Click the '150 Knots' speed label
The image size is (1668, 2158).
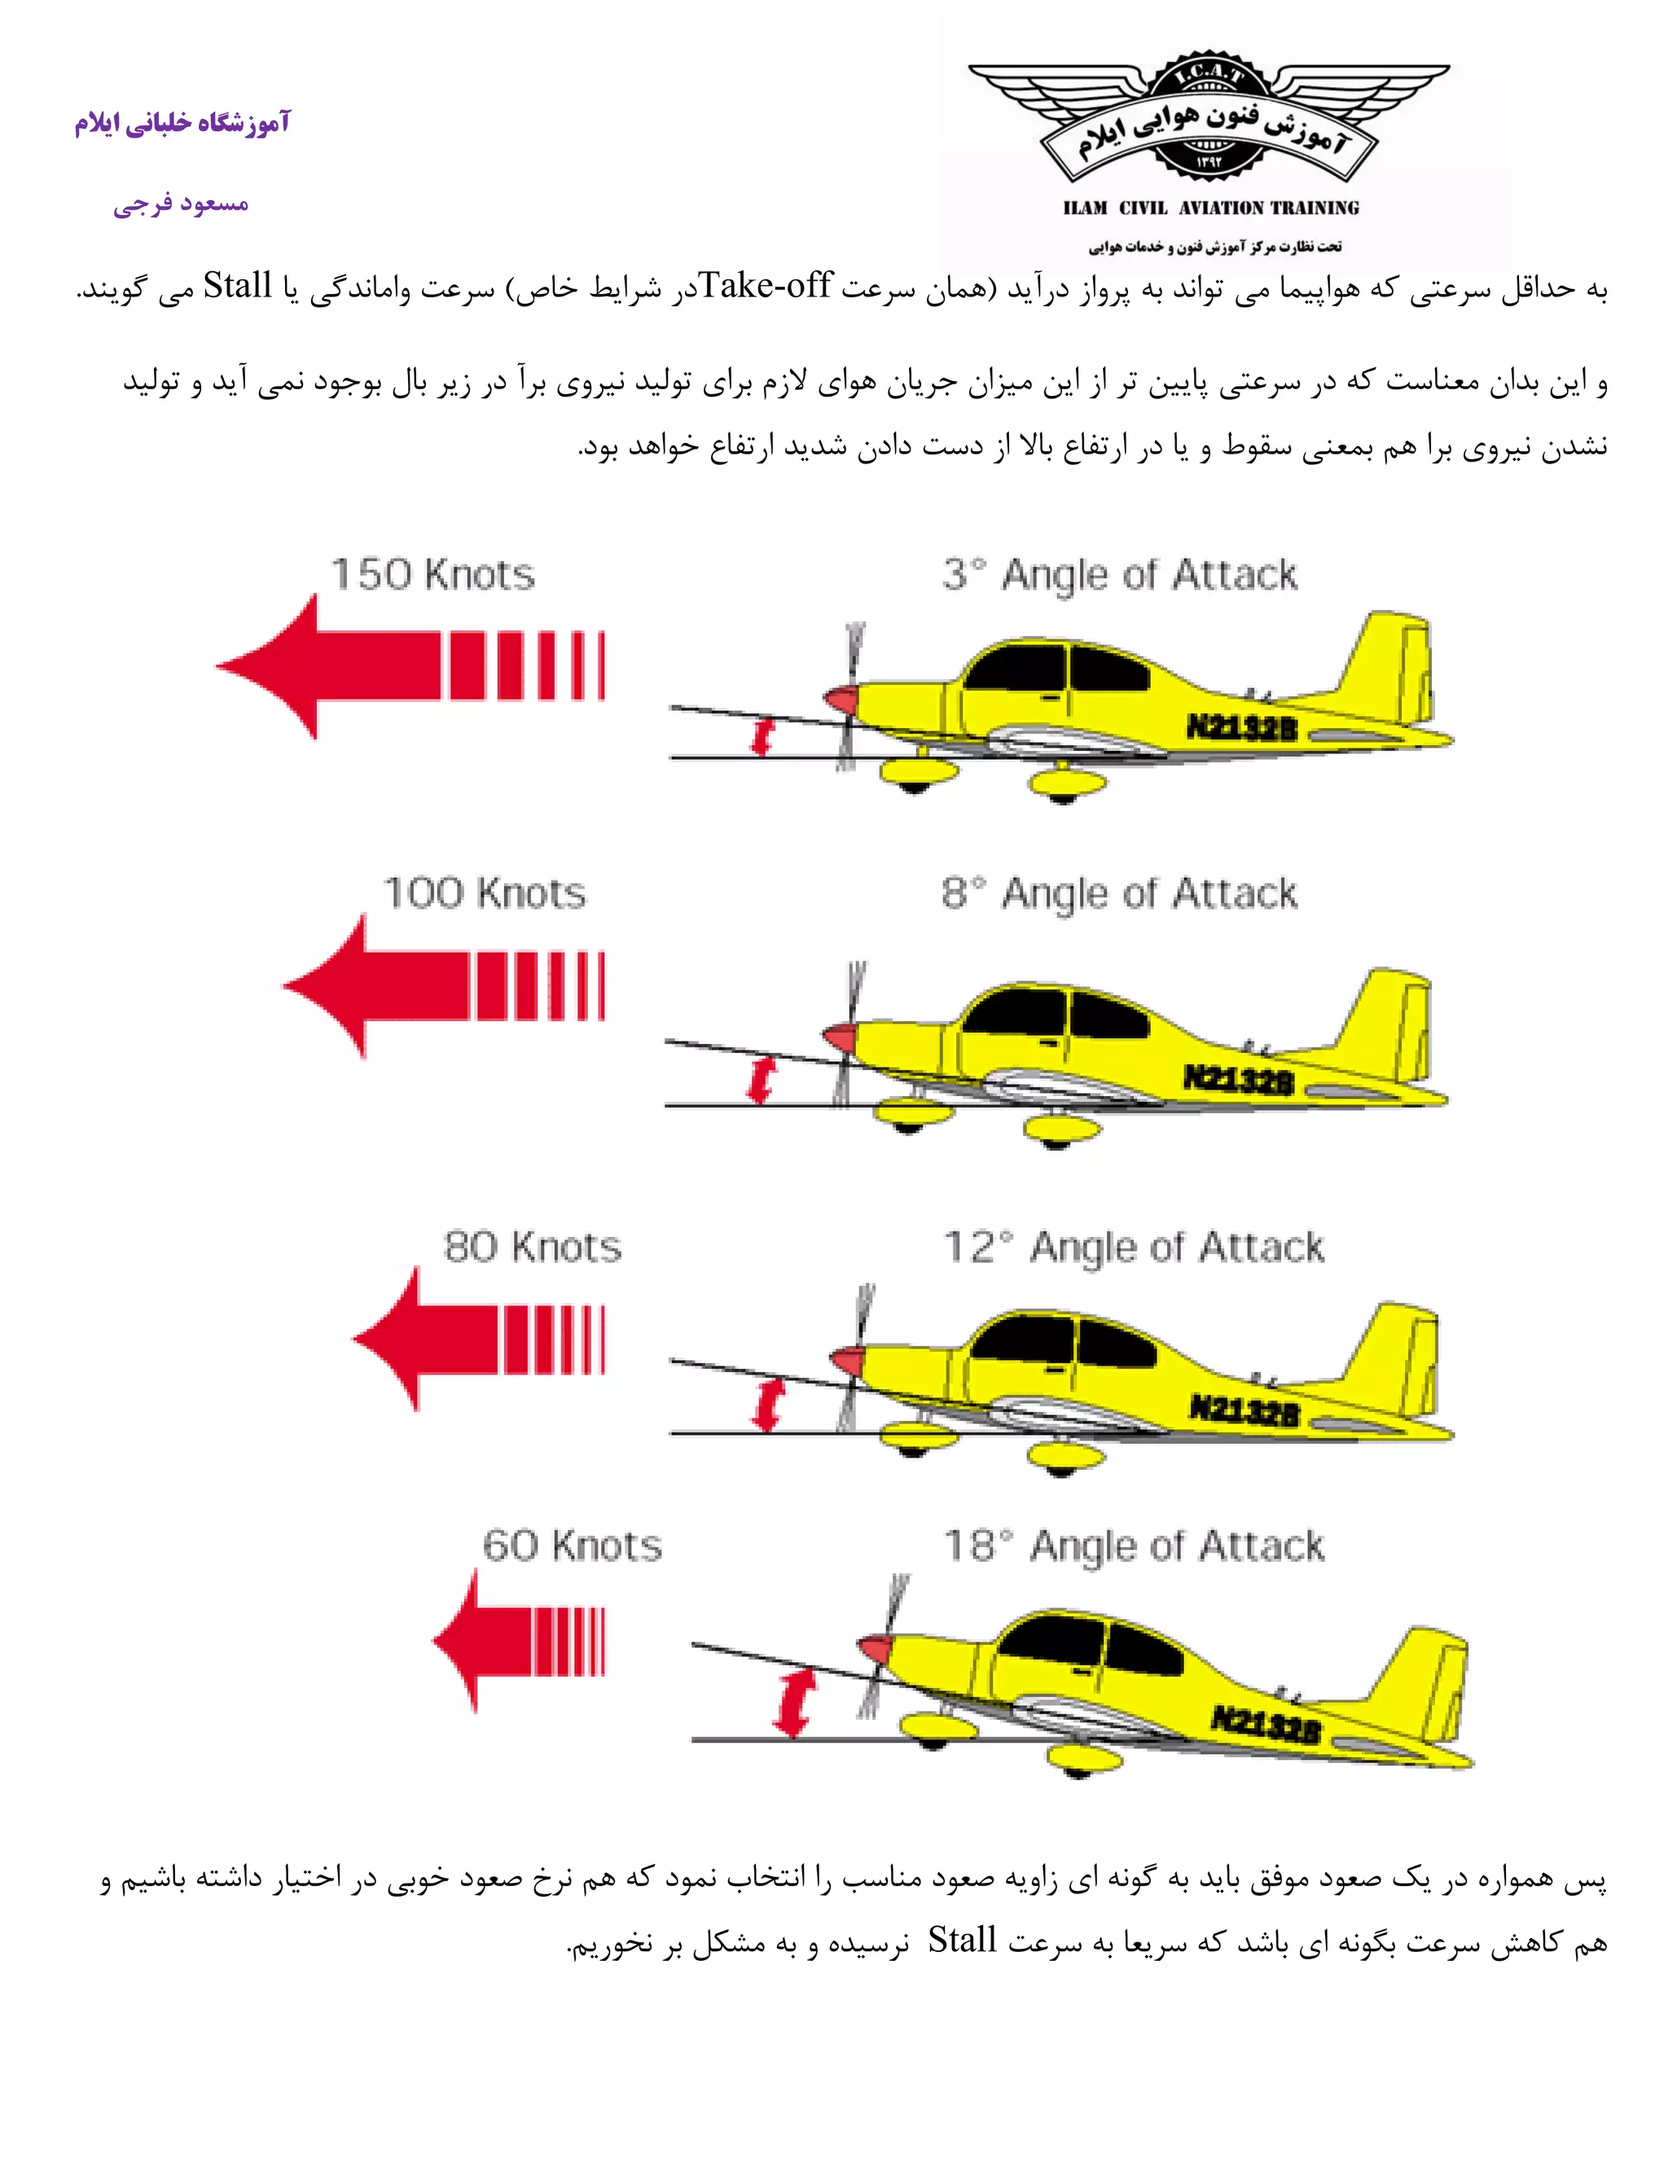[x=432, y=574]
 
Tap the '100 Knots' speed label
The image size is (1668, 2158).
[x=485, y=893]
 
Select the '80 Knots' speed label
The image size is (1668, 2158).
[x=533, y=1247]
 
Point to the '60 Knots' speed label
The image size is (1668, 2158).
[x=572, y=1546]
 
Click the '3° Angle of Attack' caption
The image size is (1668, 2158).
[x=1120, y=574]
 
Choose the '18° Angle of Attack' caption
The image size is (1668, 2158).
[x=1135, y=1546]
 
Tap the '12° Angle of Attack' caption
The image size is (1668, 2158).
[x=1135, y=1247]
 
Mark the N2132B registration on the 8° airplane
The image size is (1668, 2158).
[x=1238, y=1079]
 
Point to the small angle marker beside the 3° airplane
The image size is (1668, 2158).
[x=761, y=736]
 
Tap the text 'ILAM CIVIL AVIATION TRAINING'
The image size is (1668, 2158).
[x=1210, y=208]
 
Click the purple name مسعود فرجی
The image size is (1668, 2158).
[x=180, y=204]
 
